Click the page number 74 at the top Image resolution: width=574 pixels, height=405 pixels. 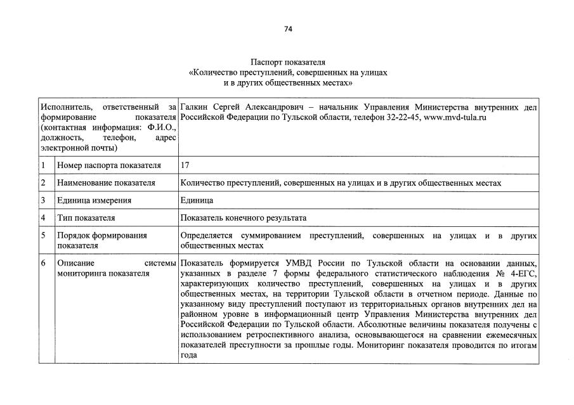[x=287, y=29]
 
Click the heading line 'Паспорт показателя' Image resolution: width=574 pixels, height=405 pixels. [x=287, y=63]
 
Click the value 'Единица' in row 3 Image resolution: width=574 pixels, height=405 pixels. [x=197, y=200]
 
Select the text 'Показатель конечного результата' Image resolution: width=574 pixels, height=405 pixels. [x=243, y=217]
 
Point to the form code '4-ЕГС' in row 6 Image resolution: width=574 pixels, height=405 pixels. [x=525, y=272]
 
